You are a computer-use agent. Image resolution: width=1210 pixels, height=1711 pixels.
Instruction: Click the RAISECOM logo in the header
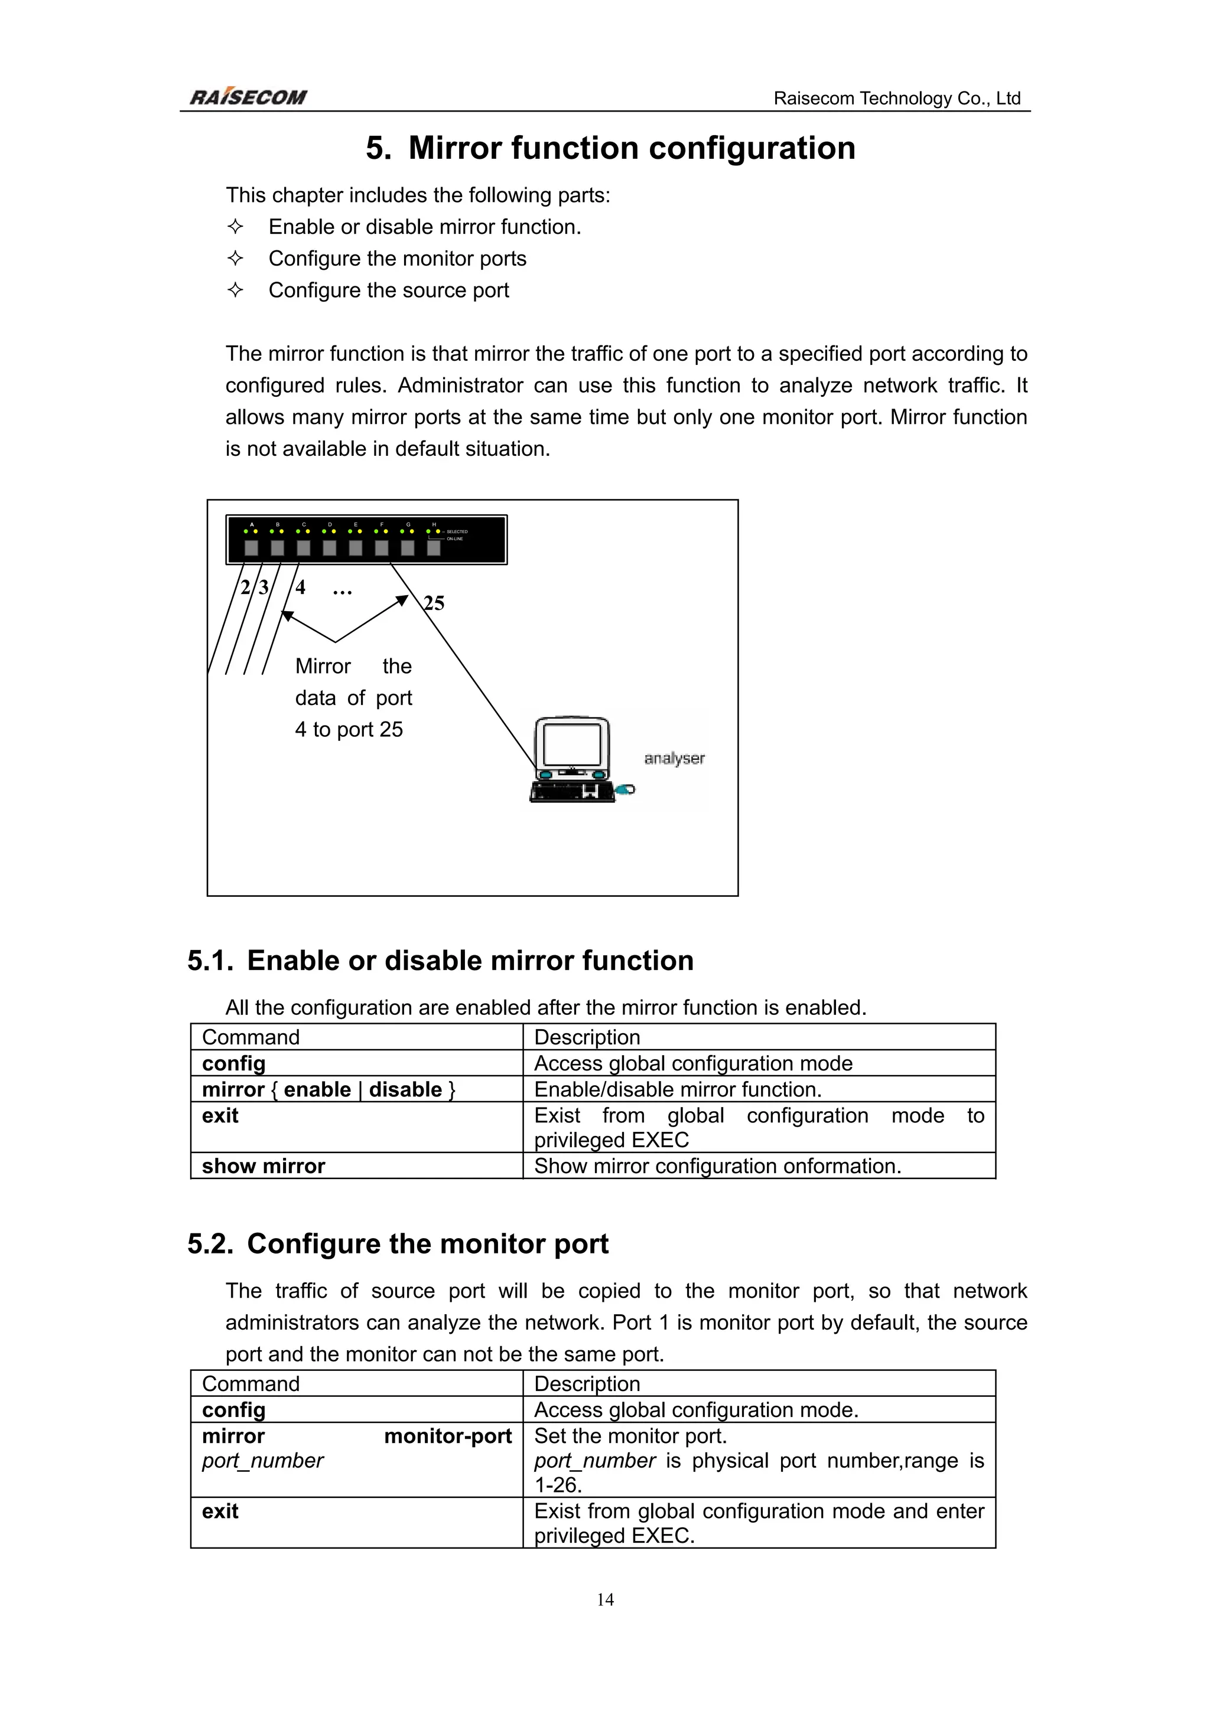click(248, 97)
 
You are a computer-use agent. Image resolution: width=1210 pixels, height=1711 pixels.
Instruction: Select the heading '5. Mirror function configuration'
click(610, 148)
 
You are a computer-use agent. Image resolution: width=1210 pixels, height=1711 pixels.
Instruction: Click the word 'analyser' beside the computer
click(674, 759)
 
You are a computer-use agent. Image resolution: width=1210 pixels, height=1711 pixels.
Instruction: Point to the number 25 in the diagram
click(434, 603)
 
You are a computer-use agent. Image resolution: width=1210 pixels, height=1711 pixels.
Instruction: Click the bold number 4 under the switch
click(301, 587)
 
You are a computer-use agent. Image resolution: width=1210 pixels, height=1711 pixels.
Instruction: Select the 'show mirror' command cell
click(264, 1165)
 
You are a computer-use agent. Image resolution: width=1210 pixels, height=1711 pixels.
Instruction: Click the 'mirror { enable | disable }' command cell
click(328, 1089)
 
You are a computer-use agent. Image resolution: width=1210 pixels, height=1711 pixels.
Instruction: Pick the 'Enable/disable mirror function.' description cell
click(678, 1089)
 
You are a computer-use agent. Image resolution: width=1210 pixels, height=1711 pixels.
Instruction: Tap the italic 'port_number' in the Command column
click(262, 1461)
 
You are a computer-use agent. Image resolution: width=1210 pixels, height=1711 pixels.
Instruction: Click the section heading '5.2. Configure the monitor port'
click(398, 1244)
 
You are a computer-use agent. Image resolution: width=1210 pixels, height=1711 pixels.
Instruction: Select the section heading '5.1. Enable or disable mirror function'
click(440, 961)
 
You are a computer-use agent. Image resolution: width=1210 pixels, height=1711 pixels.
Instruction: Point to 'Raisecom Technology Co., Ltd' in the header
click(896, 99)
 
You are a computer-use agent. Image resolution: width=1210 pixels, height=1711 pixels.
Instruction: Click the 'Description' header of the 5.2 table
click(587, 1384)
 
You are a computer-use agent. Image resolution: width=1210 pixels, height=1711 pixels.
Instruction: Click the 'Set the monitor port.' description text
click(630, 1436)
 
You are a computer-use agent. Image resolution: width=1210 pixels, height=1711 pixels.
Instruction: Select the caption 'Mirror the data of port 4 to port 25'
click(353, 697)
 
